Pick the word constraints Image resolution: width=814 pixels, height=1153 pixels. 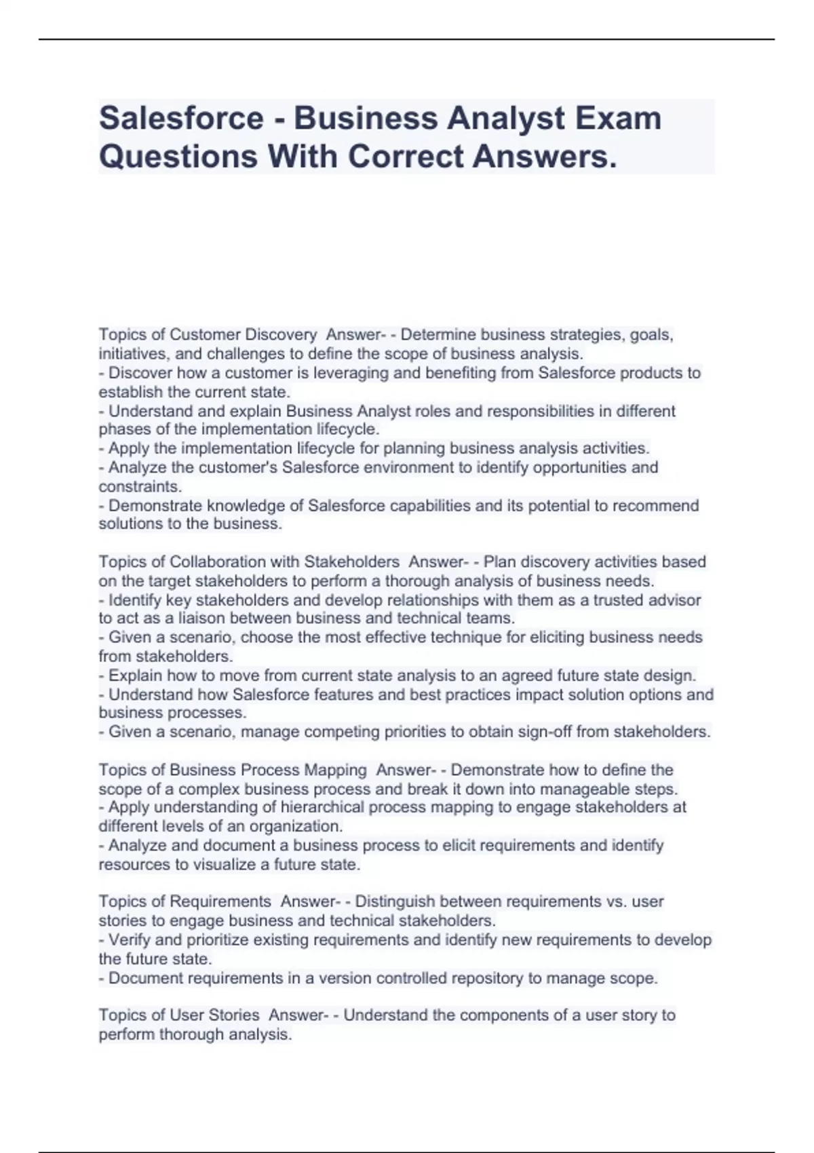coord(140,486)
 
